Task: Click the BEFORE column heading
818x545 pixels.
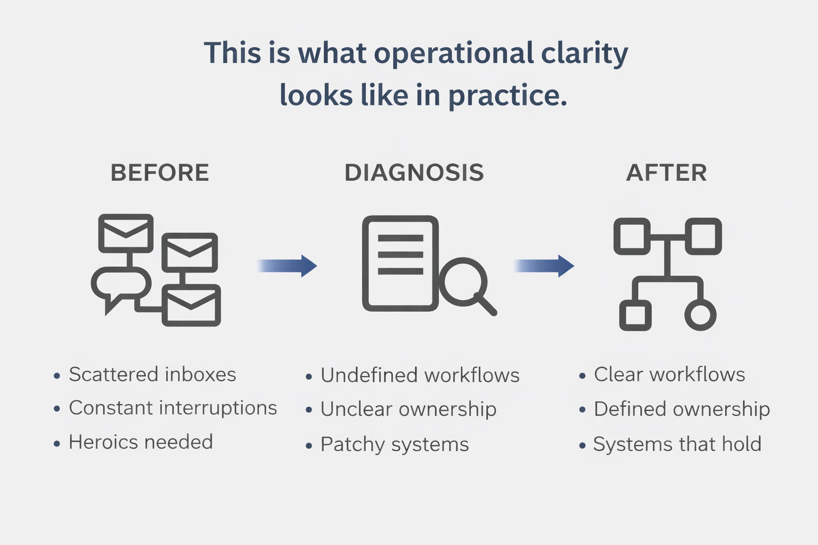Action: click(160, 173)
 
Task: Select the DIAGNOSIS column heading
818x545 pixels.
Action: click(414, 173)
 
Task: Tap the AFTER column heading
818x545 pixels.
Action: click(666, 173)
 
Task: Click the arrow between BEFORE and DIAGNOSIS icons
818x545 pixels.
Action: click(288, 266)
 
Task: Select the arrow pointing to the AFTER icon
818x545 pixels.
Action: click(545, 266)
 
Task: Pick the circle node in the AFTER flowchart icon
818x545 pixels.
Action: click(700, 315)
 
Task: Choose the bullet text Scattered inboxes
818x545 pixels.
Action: click(152, 375)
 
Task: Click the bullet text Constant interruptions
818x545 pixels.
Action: click(173, 408)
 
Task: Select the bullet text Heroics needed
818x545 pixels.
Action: click(141, 442)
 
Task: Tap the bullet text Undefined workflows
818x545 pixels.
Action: click(420, 376)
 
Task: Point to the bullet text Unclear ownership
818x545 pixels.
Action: click(408, 409)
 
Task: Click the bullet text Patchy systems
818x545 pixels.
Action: click(395, 444)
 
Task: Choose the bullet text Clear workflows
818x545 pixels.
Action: click(669, 375)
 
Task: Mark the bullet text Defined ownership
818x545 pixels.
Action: click(682, 409)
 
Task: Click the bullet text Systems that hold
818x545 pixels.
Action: click(677, 444)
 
